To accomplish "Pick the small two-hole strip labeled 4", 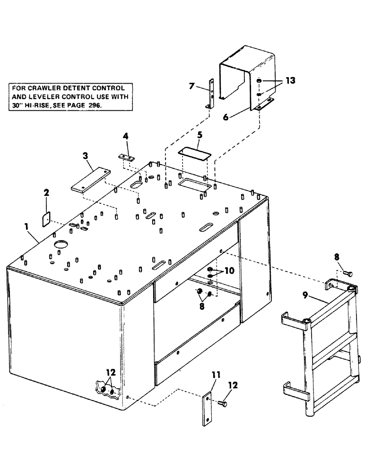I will click(126, 157).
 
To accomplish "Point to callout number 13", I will click(289, 81).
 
